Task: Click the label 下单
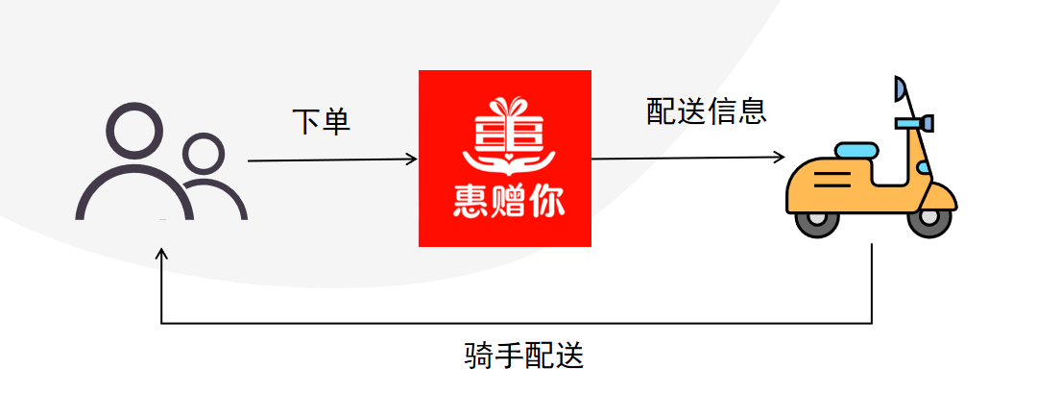321,122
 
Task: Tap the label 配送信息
706,111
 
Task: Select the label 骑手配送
523,356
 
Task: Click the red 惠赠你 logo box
505,158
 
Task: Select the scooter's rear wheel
815,221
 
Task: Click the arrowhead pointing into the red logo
413,160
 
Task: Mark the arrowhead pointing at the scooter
781,157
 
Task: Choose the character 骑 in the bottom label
478,356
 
